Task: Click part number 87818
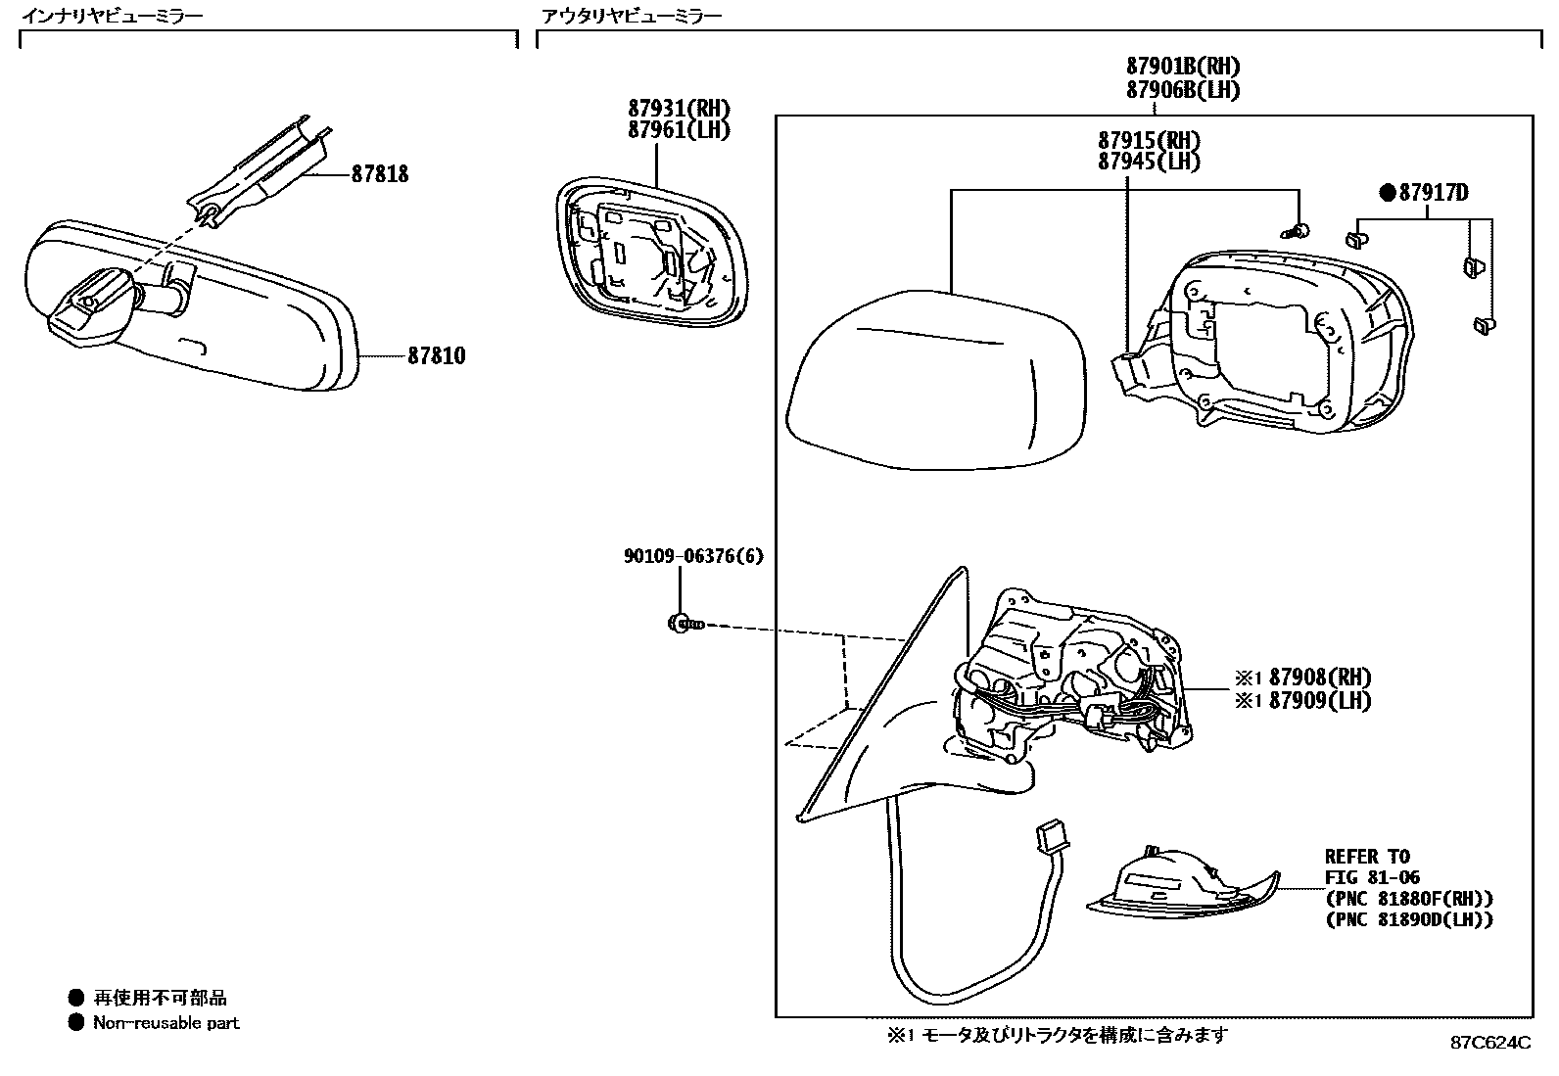pos(380,175)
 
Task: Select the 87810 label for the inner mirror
pos(436,356)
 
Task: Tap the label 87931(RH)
pos(679,109)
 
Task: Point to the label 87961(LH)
pos(679,129)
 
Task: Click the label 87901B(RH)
pos(1182,67)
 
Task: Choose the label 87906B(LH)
pos(1182,89)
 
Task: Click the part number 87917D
pos(1434,193)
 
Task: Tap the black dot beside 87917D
pos(1388,193)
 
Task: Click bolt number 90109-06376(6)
pos(693,556)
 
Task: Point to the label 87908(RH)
pos(1319,678)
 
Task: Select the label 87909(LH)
pos(1319,700)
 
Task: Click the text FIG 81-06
pos(1372,877)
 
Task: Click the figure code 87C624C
pos(1489,1042)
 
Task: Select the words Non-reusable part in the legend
pos(165,1023)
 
